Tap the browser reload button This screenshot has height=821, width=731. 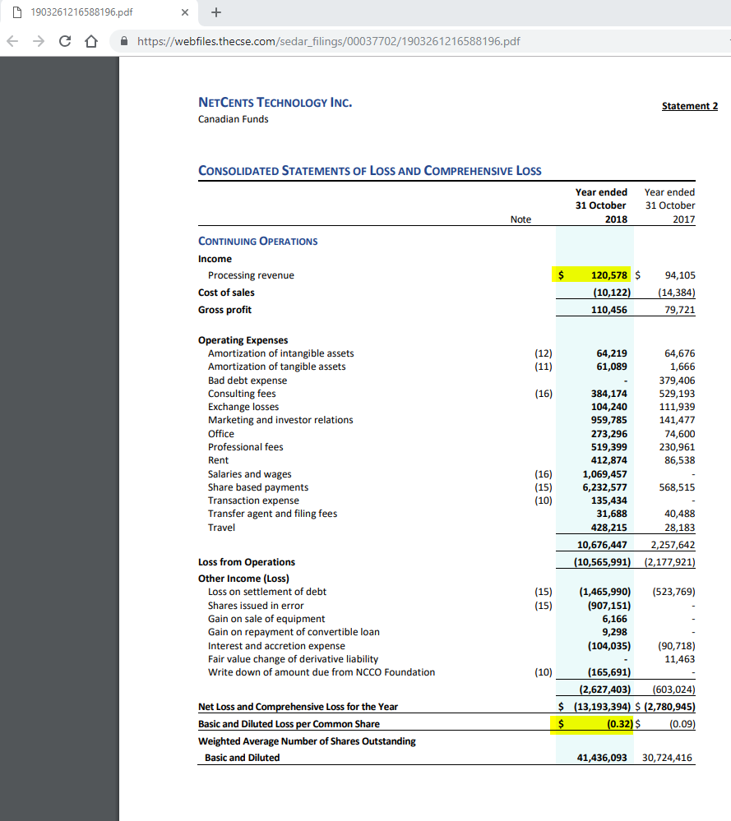coord(62,41)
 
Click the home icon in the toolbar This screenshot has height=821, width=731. coord(86,41)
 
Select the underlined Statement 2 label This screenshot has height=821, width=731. coord(690,106)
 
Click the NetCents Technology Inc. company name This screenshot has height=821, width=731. coord(275,103)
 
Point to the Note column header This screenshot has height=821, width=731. coord(520,219)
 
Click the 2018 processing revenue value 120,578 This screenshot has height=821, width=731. coord(609,275)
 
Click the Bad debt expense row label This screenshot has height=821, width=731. coord(248,381)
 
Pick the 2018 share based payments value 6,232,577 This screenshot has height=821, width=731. coord(604,487)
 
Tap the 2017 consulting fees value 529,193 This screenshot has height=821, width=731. coord(678,394)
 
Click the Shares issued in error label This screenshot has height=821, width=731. coord(256,606)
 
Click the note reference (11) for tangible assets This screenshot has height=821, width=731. coord(543,367)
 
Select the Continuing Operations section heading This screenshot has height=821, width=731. coord(257,242)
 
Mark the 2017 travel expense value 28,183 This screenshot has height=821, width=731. coord(678,528)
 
